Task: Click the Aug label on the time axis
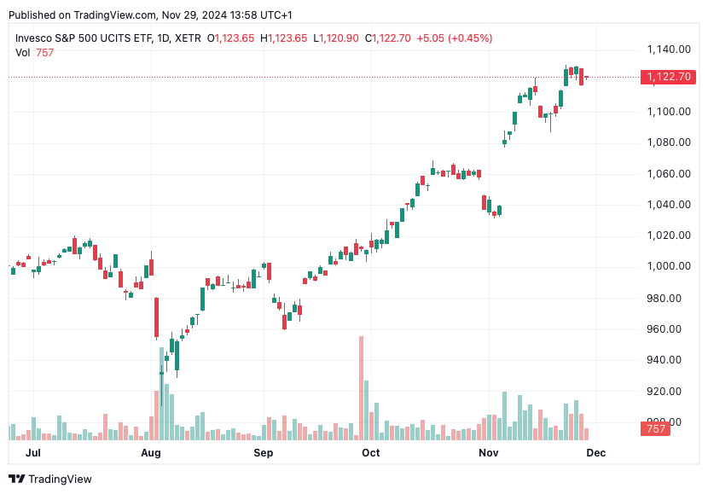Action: (151, 453)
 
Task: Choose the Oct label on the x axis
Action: (370, 453)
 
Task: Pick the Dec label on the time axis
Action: (595, 453)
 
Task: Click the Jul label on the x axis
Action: (34, 453)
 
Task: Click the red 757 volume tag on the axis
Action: (656, 429)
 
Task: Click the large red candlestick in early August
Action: (157, 317)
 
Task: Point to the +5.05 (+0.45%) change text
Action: (454, 38)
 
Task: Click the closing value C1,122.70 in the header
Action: (388, 38)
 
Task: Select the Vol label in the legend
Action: (23, 53)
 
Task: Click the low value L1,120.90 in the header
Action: (337, 38)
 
